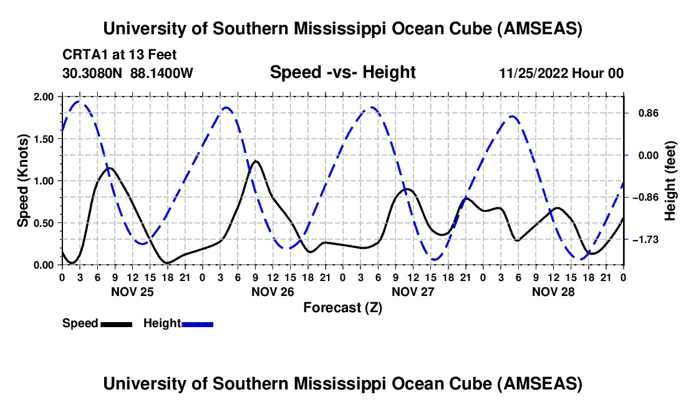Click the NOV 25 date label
pos(132,291)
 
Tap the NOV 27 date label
pos(412,291)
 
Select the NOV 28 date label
pos(553,291)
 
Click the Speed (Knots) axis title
pos(23,181)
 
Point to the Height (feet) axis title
pos(670,181)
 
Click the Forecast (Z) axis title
pos(342,307)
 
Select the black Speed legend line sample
pos(116,323)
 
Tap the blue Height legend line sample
pos(198,323)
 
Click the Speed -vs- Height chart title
pos(342,72)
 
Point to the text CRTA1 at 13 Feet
pos(120,55)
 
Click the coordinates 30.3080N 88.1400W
pos(128,73)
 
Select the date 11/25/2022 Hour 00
pos(561,73)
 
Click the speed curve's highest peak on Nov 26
pos(256,161)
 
